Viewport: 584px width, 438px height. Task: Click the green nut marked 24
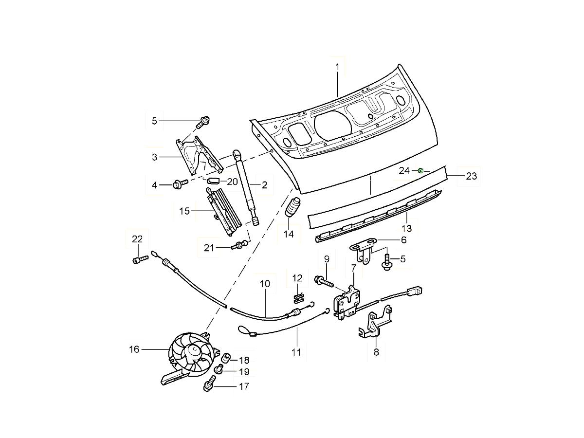point(420,170)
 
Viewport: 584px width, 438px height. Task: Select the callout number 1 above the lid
point(337,66)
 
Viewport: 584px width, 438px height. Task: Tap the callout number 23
point(471,176)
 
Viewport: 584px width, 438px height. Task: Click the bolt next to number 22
point(137,260)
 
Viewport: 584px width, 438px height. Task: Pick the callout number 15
point(184,211)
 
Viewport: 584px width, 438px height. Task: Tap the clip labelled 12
point(298,295)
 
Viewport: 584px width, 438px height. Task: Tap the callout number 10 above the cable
point(264,283)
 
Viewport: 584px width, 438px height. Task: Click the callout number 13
point(406,228)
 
